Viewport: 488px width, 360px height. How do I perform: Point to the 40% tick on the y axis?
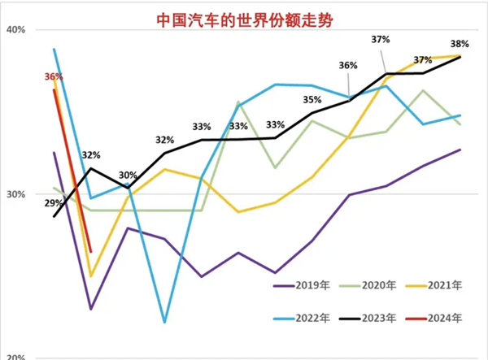click(17, 30)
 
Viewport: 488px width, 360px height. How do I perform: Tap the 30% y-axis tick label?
click(17, 194)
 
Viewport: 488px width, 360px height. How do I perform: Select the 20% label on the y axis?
click(17, 356)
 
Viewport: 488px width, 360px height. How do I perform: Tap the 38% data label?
click(460, 44)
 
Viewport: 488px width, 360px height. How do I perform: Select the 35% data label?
click(312, 100)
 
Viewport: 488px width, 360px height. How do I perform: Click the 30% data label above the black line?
click(128, 176)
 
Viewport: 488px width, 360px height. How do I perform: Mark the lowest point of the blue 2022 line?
click(164, 323)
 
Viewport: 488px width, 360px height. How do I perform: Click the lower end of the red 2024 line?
click(91, 251)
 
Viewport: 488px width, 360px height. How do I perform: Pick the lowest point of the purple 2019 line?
click(91, 309)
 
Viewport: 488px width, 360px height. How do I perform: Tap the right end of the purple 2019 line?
click(460, 150)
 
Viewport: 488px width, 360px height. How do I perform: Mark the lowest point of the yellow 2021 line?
click(91, 276)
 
